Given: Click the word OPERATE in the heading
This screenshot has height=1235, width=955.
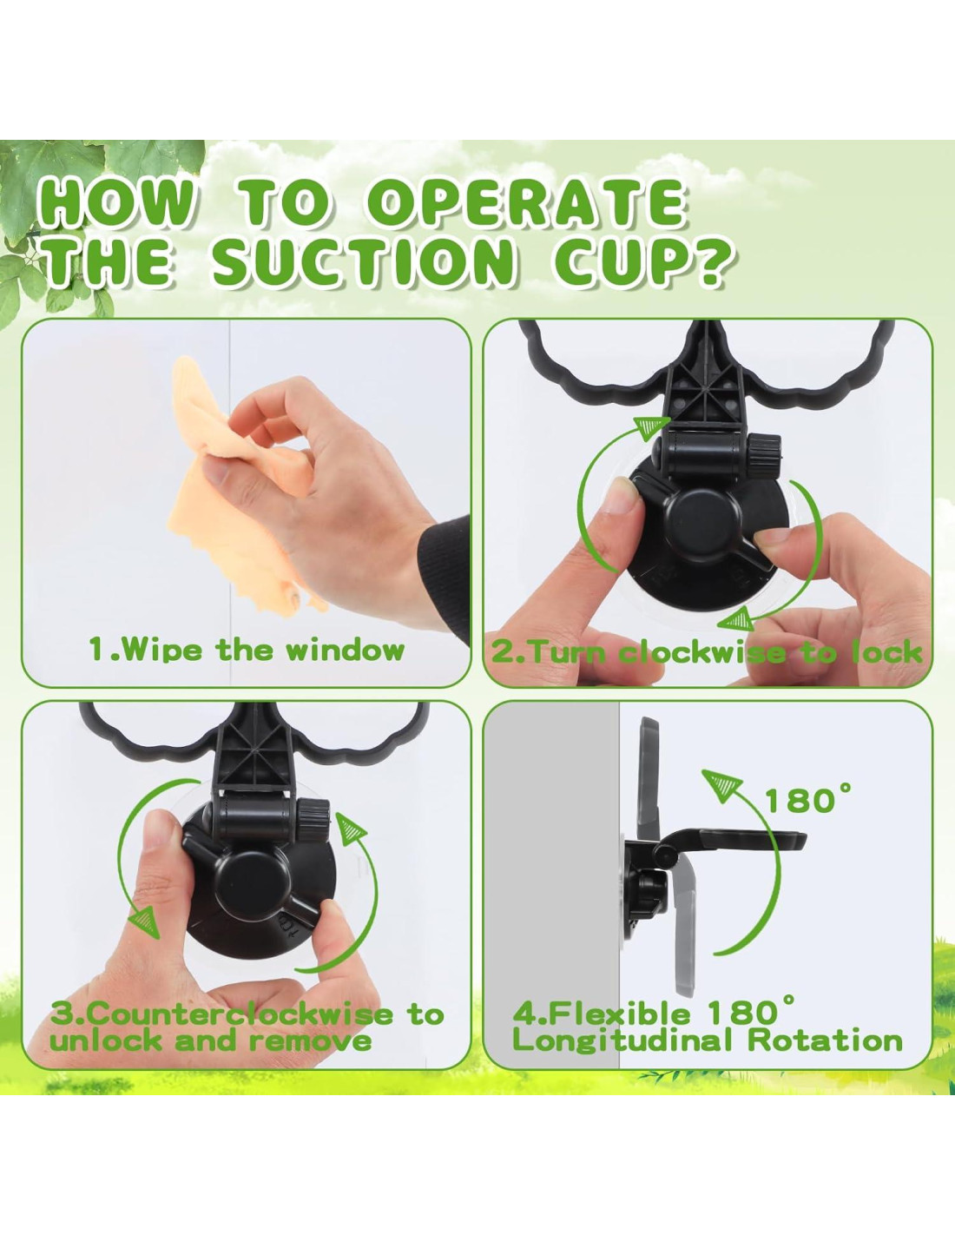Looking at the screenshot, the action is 532,203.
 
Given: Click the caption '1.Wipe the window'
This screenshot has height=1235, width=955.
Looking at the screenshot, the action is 247,650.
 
